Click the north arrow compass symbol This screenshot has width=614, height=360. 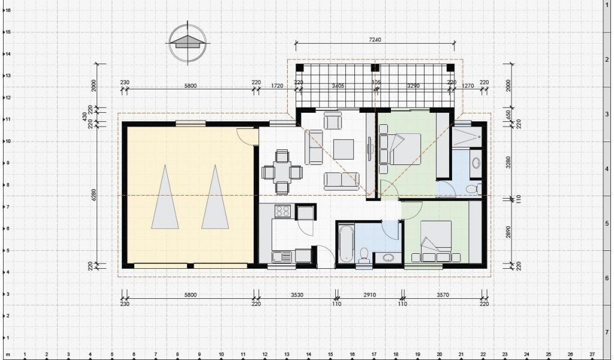click(x=188, y=43)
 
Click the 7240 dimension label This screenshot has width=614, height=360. click(x=375, y=40)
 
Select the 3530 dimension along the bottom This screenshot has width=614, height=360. click(x=297, y=295)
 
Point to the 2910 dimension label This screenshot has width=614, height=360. click(x=369, y=295)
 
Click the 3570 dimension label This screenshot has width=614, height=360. click(x=443, y=295)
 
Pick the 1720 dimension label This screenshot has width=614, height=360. click(x=277, y=86)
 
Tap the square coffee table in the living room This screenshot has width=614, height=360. click(x=344, y=149)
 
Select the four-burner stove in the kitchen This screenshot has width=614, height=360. click(x=282, y=212)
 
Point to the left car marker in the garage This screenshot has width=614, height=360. click(x=165, y=197)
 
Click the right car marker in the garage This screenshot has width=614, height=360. click(x=215, y=197)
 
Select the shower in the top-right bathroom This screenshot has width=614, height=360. click(x=466, y=136)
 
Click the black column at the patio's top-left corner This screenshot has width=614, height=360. click(x=300, y=67)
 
